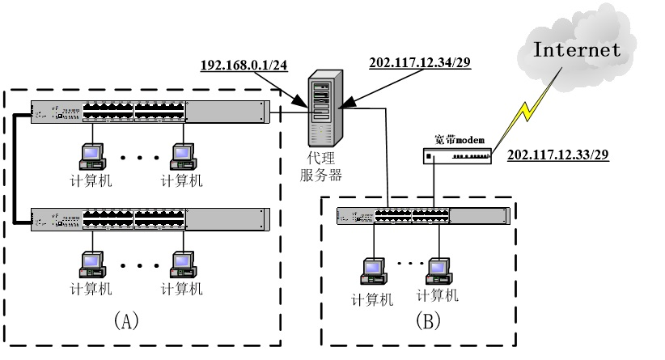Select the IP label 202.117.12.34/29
pos(419,62)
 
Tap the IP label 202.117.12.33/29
pos(557,153)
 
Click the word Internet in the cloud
pos(576,49)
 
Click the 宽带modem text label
pos(459,138)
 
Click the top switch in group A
pos(150,112)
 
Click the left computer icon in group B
pos(374,269)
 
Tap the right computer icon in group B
pos(438,267)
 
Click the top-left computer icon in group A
pos(91,154)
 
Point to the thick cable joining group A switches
pos(15,166)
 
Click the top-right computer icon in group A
pos(182,154)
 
